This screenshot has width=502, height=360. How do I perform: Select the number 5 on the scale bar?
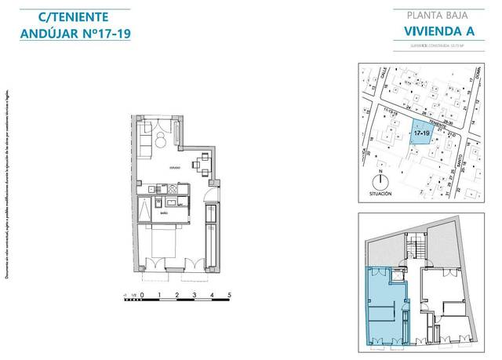point(229,296)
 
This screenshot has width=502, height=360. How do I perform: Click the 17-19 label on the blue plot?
point(420,133)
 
